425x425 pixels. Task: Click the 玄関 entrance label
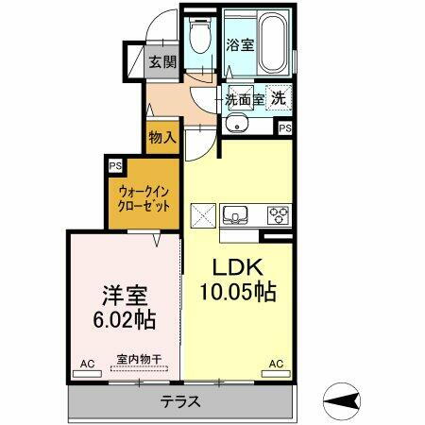point(162,63)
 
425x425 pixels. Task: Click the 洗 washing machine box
point(280,96)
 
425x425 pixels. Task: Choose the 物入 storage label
point(162,138)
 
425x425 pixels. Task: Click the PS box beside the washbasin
point(284,127)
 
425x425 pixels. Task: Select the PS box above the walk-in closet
point(115,166)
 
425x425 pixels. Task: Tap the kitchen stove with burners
point(279,213)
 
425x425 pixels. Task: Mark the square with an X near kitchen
point(203,214)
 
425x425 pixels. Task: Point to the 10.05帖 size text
point(236,294)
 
